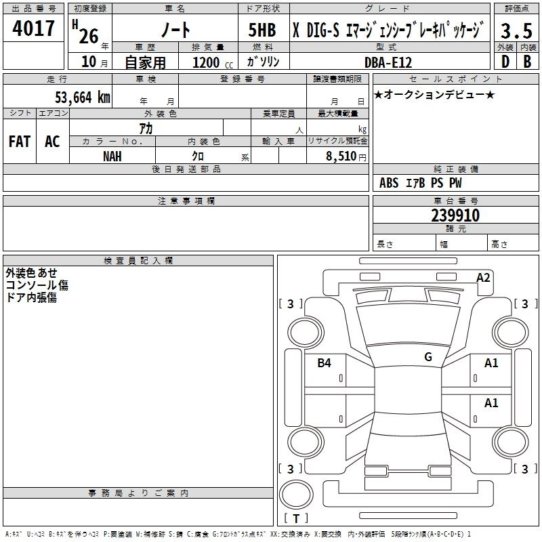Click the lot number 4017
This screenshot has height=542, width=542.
pos(33,28)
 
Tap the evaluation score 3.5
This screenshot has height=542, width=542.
pos(516,30)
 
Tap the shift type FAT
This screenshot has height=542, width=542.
pos(19,142)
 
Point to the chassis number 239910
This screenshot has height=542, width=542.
pos(455,215)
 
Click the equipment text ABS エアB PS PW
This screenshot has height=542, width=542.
pos(421,183)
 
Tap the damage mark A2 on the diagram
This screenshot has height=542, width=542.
pos(483,278)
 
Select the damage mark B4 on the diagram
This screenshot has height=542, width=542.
pos(325,363)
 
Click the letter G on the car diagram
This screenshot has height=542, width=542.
pos(428,357)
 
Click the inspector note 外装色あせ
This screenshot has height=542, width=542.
pos(31,272)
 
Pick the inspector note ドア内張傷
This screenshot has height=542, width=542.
pos(31,297)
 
